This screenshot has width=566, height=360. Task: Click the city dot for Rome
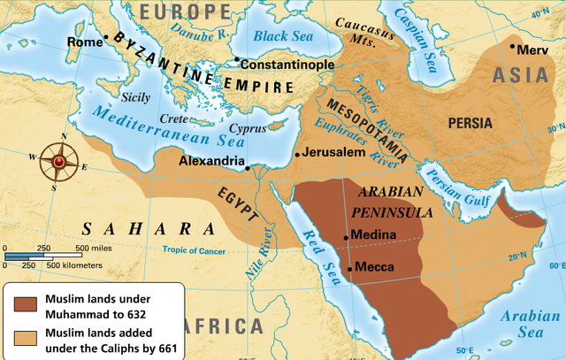[x=107, y=37]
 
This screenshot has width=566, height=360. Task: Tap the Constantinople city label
[x=287, y=65]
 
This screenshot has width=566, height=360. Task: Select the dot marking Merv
[x=512, y=45]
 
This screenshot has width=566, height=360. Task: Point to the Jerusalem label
[x=334, y=152]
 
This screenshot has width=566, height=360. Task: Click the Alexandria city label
[x=211, y=161]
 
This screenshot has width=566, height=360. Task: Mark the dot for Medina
[x=346, y=236]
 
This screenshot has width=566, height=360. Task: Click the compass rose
[x=58, y=161]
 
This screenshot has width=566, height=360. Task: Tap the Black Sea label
[x=286, y=36]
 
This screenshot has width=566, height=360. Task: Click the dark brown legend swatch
[x=27, y=303]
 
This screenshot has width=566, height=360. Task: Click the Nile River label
[x=261, y=253]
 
